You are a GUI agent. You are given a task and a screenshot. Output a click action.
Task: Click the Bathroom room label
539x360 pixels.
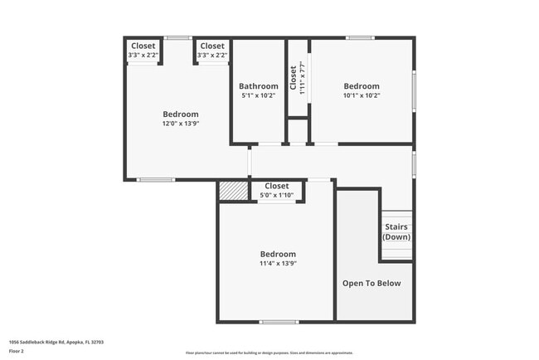point(258,86)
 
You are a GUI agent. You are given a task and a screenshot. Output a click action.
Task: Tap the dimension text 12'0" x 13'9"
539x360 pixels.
point(180,124)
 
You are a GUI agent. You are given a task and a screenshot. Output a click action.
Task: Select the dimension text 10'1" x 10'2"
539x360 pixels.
point(362,95)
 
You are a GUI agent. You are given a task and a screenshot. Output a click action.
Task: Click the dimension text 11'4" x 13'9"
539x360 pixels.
point(278,263)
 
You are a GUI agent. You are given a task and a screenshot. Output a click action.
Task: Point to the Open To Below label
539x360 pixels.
point(371,283)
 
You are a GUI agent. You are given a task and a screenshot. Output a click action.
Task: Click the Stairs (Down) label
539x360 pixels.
point(396,231)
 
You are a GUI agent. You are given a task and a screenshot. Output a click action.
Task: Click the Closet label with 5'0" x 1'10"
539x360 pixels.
point(276,187)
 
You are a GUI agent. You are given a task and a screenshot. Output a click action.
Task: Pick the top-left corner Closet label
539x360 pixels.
point(143,46)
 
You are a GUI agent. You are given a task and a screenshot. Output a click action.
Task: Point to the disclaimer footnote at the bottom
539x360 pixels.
point(269,353)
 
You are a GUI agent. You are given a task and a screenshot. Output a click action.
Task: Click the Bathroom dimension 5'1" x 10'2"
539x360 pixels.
point(258,95)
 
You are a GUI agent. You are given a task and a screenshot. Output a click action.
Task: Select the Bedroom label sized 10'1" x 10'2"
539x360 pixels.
point(362,86)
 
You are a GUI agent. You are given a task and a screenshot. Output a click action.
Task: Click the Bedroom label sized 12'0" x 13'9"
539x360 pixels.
point(180,114)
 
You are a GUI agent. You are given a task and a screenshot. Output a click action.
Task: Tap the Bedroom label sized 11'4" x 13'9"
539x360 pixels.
point(278,254)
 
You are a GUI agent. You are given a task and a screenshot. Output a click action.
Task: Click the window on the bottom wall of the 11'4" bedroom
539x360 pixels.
point(279,322)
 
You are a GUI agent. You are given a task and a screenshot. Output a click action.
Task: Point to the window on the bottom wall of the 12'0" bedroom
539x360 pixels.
point(155,179)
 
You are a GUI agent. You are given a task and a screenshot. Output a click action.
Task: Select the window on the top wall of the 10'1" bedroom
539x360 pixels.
point(360,37)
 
